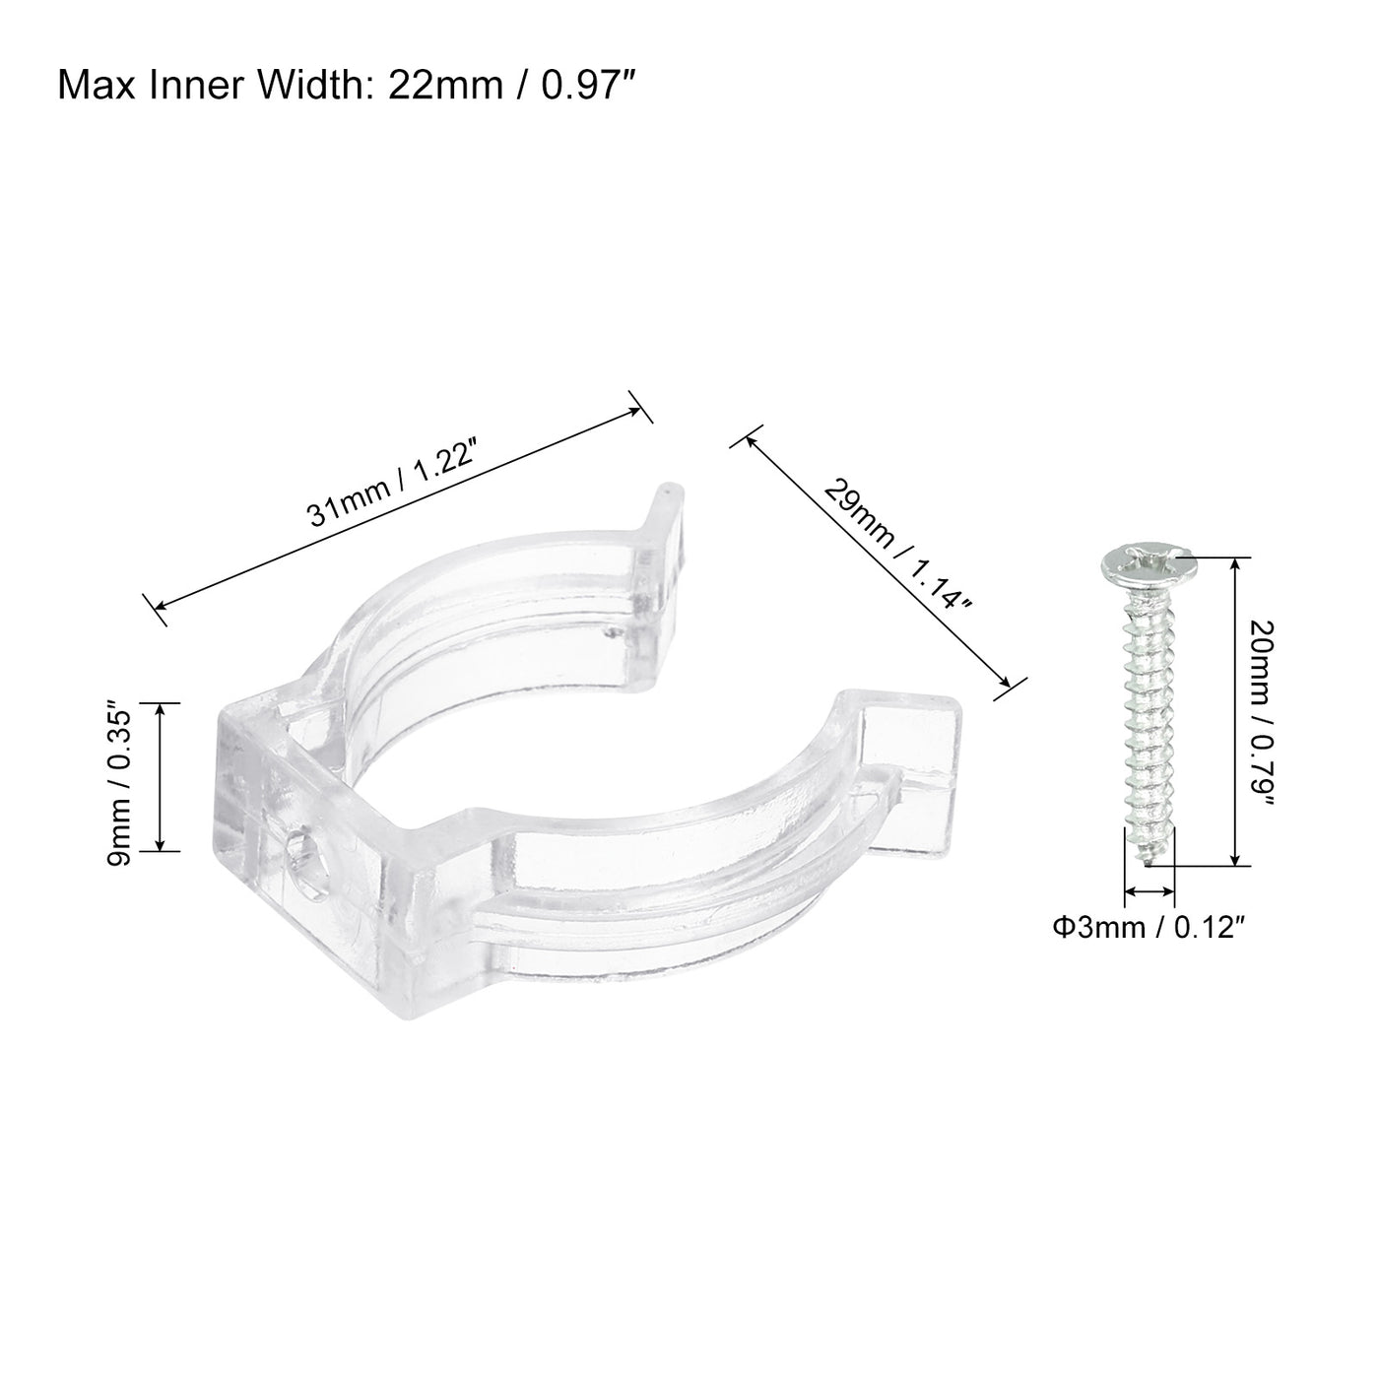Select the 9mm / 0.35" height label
pos(119,777)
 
